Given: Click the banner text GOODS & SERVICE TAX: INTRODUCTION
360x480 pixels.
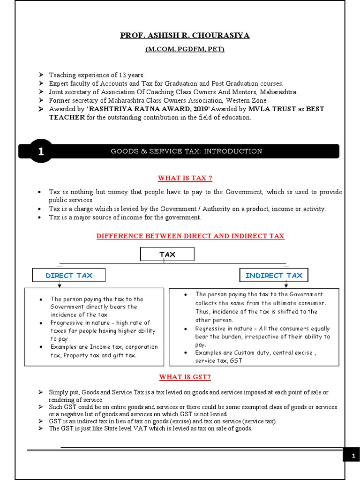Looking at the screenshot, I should tap(186, 151).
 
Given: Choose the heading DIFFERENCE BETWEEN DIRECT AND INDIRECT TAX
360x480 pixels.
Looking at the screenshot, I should tap(190, 236).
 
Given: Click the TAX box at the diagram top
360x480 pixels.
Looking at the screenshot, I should tap(167, 254).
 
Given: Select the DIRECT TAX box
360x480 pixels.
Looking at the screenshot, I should tap(69, 275).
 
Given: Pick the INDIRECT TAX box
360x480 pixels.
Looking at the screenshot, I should tap(274, 275).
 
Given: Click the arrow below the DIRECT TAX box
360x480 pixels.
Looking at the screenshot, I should tap(66, 285).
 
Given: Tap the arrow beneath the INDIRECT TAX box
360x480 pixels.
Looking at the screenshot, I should tap(285, 285).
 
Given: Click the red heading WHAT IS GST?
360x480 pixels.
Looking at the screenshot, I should tap(185, 377).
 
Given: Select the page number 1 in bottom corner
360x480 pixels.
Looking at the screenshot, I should tap(352, 456).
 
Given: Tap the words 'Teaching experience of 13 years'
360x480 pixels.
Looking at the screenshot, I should tap(97, 75).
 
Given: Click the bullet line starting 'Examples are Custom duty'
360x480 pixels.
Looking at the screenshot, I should tap(255, 352).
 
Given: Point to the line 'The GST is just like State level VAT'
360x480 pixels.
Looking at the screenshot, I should tap(150, 428).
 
